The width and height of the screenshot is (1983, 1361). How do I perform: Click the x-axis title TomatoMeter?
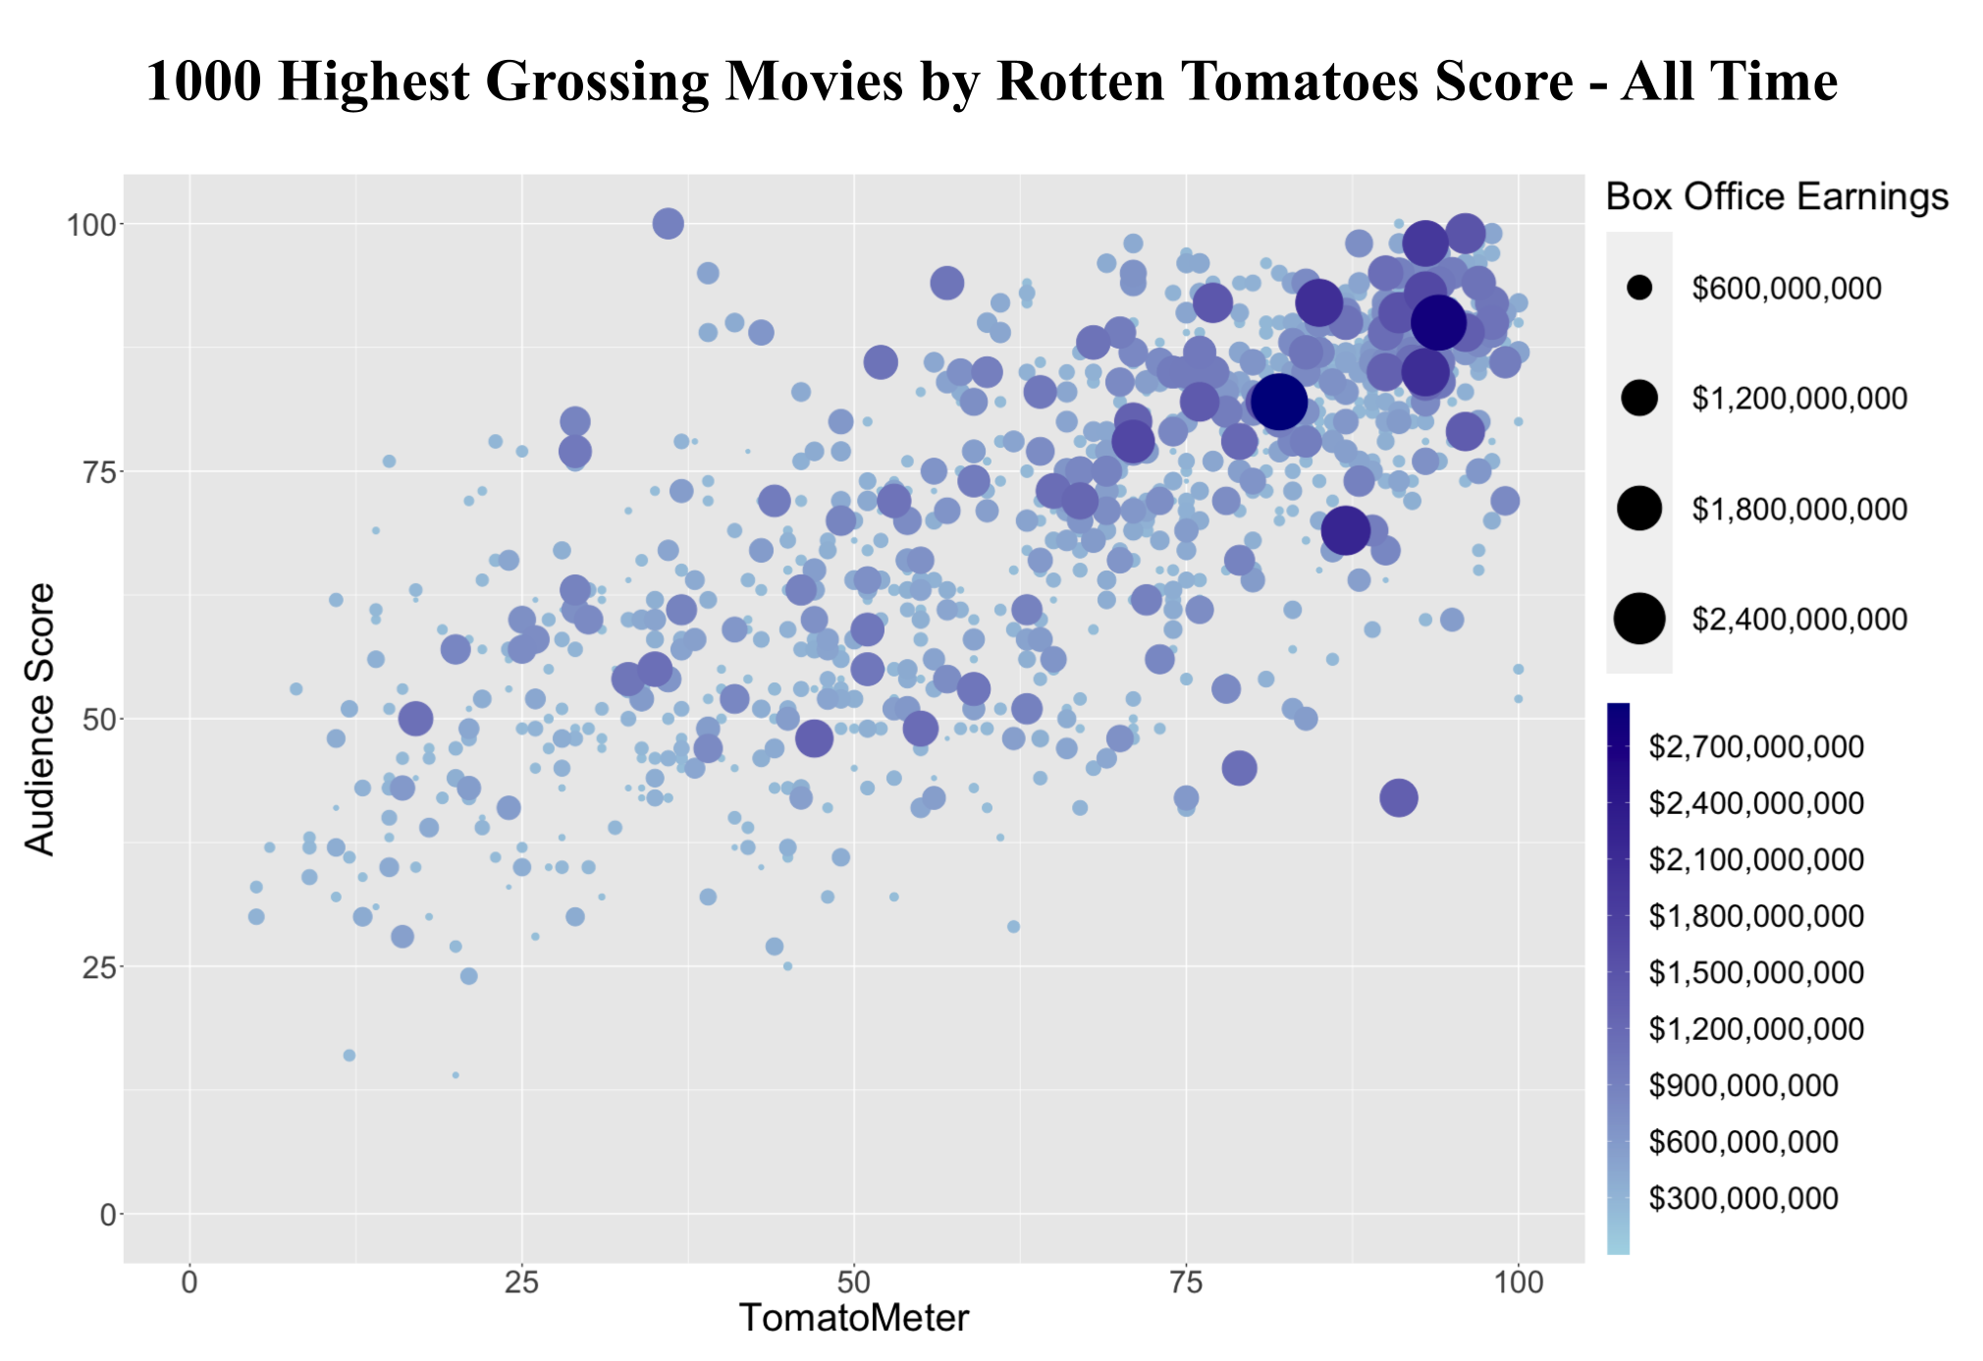coord(853,1318)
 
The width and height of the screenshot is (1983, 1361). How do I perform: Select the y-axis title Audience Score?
coord(40,719)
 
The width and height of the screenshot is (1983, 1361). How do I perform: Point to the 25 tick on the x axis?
coord(521,1282)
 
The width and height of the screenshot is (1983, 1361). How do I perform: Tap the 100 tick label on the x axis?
coord(1518,1282)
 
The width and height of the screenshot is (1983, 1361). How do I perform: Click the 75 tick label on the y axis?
coord(92,471)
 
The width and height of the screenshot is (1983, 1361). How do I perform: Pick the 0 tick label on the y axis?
coord(105,1215)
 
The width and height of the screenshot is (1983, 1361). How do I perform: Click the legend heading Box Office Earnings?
coord(1777,197)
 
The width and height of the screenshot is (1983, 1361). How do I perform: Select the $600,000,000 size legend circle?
coord(1639,288)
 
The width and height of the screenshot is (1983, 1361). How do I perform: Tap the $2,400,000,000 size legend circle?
coord(1639,619)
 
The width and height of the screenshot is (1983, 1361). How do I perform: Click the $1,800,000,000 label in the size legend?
coord(1799,509)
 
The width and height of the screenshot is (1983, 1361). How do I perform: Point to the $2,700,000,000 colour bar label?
coord(1755,747)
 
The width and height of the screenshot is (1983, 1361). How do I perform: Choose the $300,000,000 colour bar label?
coord(1742,1198)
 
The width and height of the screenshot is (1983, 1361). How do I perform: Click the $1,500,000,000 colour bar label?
coord(1755,973)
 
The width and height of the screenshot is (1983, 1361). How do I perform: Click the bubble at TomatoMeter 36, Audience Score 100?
coord(668,224)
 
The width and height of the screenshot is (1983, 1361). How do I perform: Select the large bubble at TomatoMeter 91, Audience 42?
coord(1399,798)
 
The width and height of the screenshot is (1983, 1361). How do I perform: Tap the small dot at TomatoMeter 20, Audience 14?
coord(456,1075)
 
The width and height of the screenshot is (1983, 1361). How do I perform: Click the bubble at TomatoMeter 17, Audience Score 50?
coord(416,719)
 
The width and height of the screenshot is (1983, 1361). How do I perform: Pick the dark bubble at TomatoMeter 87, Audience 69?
coord(1346,531)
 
